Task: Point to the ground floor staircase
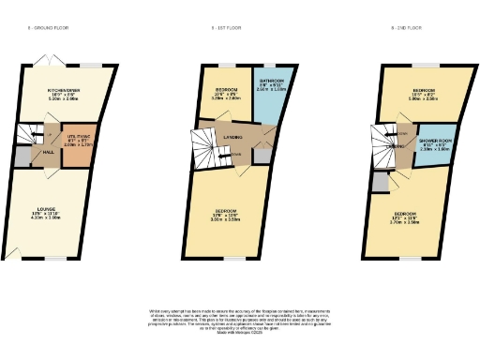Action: pyautogui.click(x=35, y=133)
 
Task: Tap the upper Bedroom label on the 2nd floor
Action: pyautogui.click(x=423, y=91)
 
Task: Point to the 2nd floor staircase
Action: pyautogui.click(x=385, y=140)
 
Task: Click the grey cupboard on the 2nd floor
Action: pyautogui.click(x=379, y=184)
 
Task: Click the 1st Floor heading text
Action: pyautogui.click(x=226, y=29)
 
